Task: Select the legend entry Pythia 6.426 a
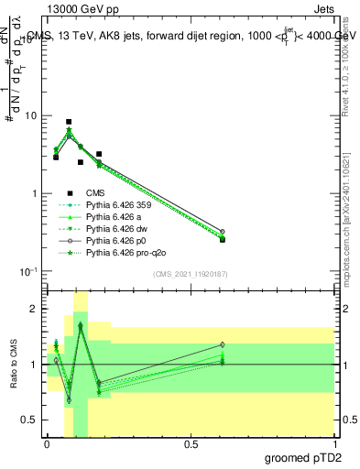(114, 217)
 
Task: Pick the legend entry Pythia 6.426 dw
(115, 229)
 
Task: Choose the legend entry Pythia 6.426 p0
(115, 241)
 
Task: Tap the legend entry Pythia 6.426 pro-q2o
(123, 253)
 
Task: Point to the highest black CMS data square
(69, 122)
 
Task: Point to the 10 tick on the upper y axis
(30, 116)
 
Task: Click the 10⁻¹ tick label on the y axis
(28, 272)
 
